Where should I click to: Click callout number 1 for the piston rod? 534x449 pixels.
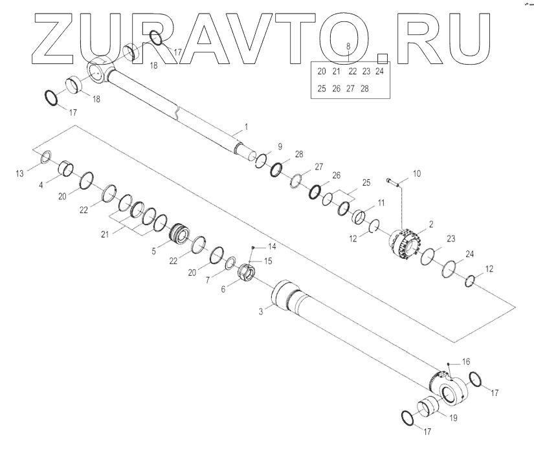coord(247,124)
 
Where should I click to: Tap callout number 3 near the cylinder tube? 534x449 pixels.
coord(261,312)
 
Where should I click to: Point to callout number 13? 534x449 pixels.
coord(19,173)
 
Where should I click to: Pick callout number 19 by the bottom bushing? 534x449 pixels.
coord(452,419)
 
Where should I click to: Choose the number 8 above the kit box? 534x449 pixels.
coord(348,47)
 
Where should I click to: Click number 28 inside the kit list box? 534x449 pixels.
coord(364,89)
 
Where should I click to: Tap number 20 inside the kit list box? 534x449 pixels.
coord(322,71)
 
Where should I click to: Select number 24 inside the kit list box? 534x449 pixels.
coord(379,71)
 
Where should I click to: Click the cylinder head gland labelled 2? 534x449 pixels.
coord(405,245)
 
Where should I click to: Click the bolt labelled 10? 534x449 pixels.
coord(395,181)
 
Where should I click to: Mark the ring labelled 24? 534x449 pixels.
coord(451,267)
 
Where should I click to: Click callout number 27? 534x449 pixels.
coord(318,167)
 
